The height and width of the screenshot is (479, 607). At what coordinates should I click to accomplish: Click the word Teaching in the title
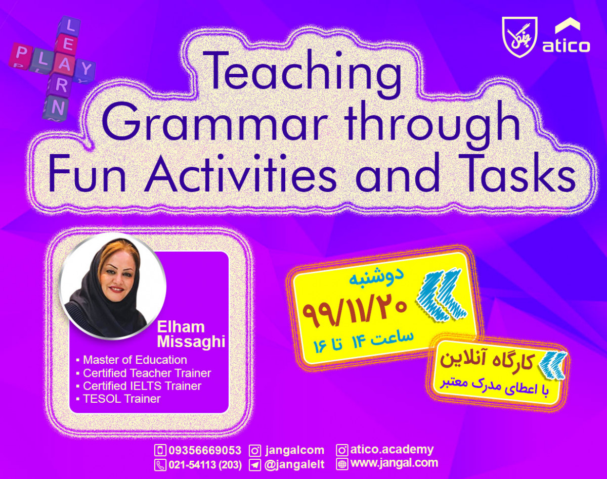coord(304,72)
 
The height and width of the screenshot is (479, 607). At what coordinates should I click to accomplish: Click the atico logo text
coord(566,46)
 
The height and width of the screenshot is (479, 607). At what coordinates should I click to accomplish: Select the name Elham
coord(181,326)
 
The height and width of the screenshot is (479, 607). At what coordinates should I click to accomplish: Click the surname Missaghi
coord(191,342)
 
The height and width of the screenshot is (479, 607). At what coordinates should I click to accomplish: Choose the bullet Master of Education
coord(135,360)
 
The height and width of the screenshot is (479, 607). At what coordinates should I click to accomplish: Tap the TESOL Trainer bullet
coord(121,399)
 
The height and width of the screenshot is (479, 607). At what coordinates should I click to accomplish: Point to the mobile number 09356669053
coord(204,450)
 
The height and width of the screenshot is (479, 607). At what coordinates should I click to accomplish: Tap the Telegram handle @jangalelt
coord(294,464)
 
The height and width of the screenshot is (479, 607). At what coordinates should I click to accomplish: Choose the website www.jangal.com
coord(394,463)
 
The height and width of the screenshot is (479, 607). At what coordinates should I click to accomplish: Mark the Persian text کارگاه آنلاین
coord(486,360)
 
